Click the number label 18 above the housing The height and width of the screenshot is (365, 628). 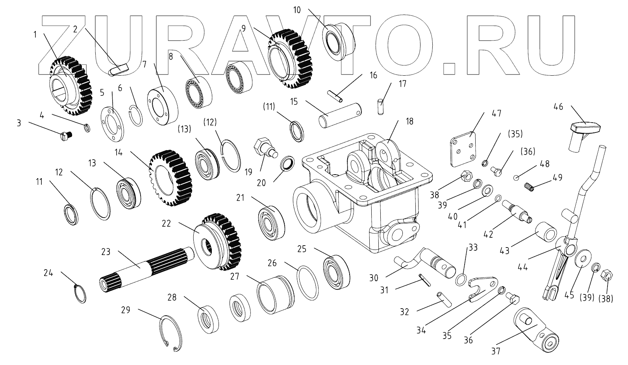point(409,121)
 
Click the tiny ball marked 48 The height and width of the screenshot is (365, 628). point(516,177)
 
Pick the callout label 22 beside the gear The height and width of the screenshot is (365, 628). point(166,223)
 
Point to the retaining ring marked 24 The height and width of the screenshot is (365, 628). point(80,293)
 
